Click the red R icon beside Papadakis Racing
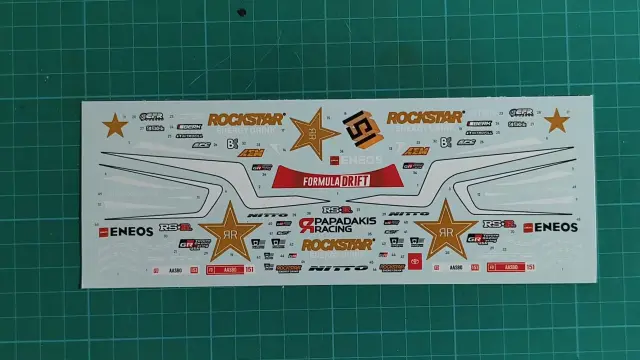click(x=306, y=227)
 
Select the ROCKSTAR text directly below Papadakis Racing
click(x=336, y=244)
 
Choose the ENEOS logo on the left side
click(x=125, y=231)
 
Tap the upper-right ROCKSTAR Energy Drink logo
click(x=425, y=117)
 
